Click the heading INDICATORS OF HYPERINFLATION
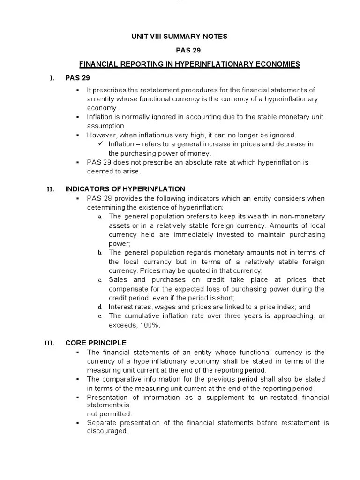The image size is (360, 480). point(125,189)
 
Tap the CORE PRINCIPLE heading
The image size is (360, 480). point(96,343)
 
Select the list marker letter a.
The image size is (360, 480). point(100,217)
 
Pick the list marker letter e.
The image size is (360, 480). point(100,316)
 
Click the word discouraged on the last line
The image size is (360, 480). point(107,431)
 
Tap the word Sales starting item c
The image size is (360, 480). point(117,280)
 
